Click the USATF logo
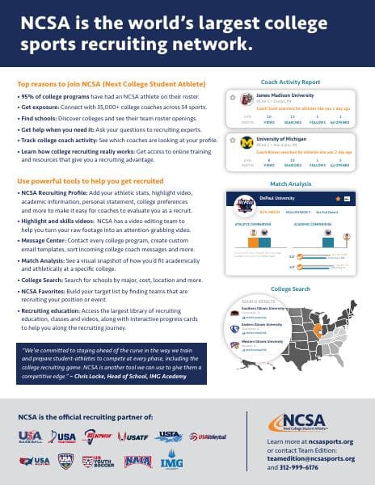point(129,438)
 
